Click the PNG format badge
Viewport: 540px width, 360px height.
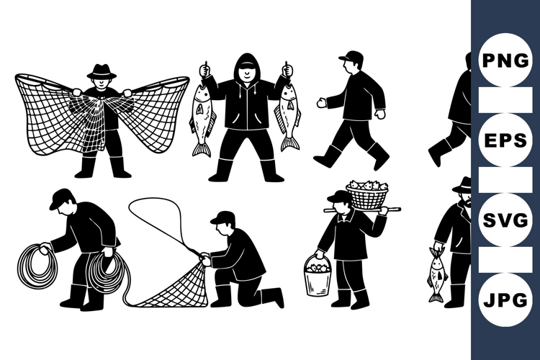[505, 60]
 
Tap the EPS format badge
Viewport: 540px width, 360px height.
[505, 140]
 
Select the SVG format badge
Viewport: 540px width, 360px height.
[505, 220]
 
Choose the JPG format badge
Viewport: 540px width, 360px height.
[505, 298]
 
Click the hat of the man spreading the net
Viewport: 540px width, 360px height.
[101, 71]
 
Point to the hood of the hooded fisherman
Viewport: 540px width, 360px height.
[246, 63]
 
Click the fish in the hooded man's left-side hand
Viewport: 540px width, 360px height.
[201, 115]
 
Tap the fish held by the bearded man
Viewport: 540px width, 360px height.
[436, 275]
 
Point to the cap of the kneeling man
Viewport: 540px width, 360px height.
[222, 217]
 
